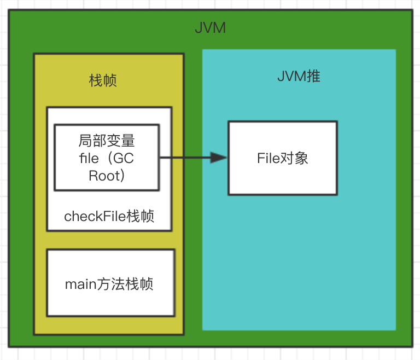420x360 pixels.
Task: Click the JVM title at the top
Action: [210, 28]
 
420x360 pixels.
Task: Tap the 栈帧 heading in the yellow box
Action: [103, 81]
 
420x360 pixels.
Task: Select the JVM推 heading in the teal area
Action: [299, 76]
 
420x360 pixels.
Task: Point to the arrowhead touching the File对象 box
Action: [219, 158]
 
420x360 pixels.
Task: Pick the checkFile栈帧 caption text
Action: [109, 216]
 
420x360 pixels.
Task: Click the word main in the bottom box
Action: [80, 284]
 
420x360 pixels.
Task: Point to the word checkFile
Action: [95, 216]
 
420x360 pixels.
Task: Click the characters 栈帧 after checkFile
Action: [141, 216]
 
